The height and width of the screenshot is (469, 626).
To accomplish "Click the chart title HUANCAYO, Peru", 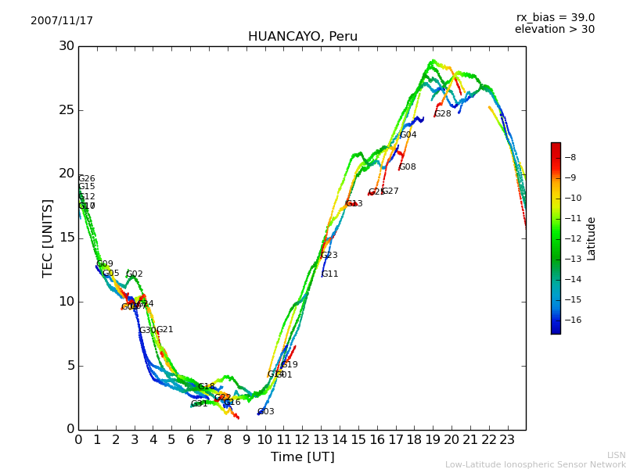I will pos(302,37).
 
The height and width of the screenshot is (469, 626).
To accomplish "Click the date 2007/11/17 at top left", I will pos(62,21).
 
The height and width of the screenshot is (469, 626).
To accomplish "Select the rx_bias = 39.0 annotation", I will pos(555,18).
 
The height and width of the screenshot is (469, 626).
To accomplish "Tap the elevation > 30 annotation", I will pos(554,30).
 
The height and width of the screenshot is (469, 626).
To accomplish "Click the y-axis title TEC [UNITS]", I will pos(48,238).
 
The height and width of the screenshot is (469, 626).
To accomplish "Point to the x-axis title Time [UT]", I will pos(302,457).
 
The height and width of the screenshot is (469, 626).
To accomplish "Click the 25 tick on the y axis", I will pos(67,110).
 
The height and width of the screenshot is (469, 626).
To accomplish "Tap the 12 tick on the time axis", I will pos(302,439).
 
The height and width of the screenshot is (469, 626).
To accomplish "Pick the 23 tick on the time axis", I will pos(507,439).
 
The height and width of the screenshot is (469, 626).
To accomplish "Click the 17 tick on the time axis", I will pos(395,439).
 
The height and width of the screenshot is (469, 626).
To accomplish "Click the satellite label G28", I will pos(442,114).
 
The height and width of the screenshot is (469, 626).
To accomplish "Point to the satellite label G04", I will pos(408,135).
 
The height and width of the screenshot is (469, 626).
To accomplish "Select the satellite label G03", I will pos(265,412).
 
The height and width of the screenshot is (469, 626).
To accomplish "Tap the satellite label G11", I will pos(329,274).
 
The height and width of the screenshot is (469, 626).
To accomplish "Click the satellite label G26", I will pos(86,179).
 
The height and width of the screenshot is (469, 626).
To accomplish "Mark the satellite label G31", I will pos(199,404).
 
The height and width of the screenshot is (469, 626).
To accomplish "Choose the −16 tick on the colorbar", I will pos(572,320).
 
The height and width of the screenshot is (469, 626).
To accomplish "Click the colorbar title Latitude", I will pos(592,238).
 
